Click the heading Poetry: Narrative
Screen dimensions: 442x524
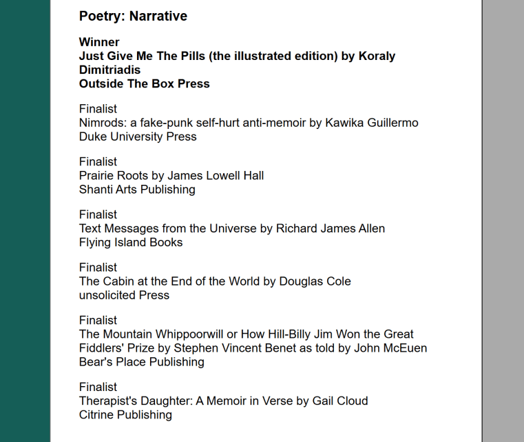pos(133,16)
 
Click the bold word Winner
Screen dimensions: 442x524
pos(99,42)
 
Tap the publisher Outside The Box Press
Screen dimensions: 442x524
pos(144,83)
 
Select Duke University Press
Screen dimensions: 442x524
pos(138,137)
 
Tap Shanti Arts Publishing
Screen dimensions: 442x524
pos(137,189)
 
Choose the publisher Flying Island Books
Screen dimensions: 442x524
pos(131,242)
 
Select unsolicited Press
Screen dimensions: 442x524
pos(124,295)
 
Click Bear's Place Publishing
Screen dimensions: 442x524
pos(141,362)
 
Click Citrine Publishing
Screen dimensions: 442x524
pos(125,414)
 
